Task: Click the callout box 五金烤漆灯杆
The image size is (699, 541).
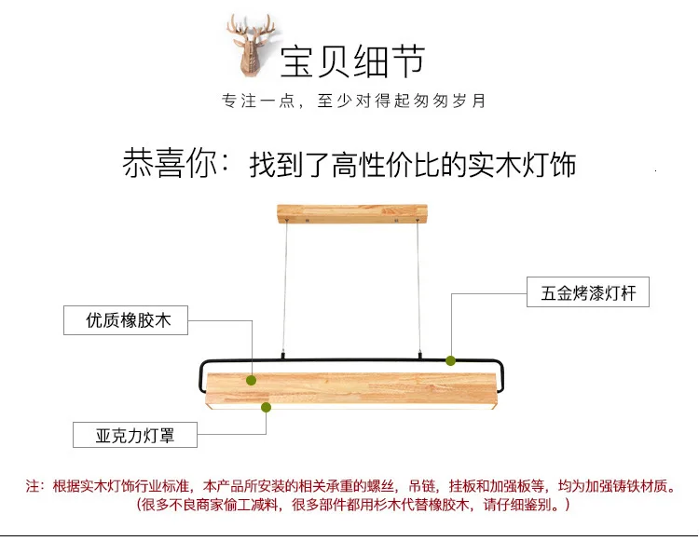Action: point(588,292)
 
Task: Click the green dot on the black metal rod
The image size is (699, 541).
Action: point(450,360)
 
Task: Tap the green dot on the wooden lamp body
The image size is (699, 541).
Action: point(251,380)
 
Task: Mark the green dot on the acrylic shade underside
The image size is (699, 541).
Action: point(266,406)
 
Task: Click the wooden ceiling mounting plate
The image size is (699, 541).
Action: point(349,214)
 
